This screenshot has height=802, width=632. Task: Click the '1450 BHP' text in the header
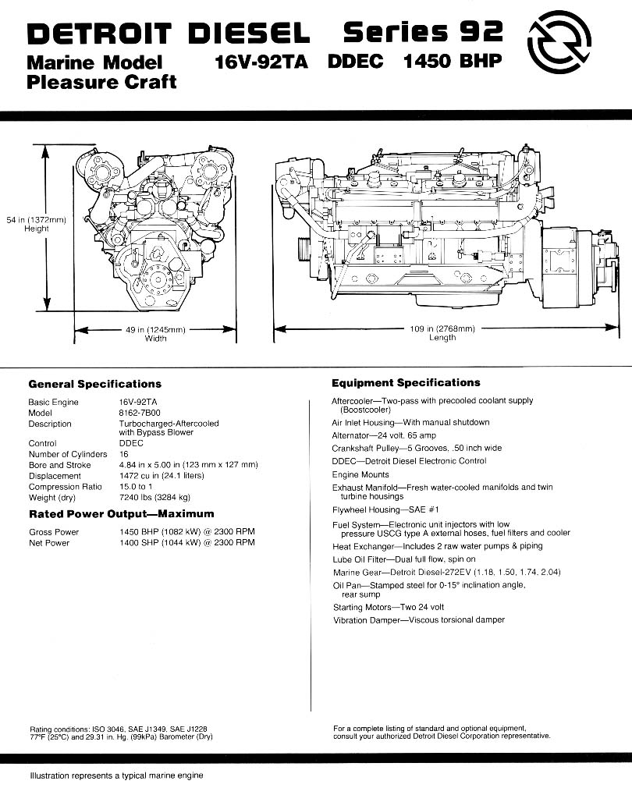point(452,62)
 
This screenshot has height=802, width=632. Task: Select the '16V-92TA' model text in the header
point(261,62)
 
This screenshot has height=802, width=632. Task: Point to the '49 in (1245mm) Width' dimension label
point(155,333)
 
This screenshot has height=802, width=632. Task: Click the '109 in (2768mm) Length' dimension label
point(442,333)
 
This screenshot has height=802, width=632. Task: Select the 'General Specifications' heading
point(95,384)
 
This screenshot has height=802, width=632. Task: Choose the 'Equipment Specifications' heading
point(406,383)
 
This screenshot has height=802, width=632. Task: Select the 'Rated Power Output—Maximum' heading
point(121,514)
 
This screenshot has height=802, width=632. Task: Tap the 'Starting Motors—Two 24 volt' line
point(389,607)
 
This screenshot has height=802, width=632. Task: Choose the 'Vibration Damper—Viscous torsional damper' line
point(418,620)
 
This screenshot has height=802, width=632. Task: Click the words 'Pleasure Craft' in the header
point(102,82)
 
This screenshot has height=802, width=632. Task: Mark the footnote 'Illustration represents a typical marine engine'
point(116,775)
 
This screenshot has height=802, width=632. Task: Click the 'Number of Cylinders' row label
point(68,454)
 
